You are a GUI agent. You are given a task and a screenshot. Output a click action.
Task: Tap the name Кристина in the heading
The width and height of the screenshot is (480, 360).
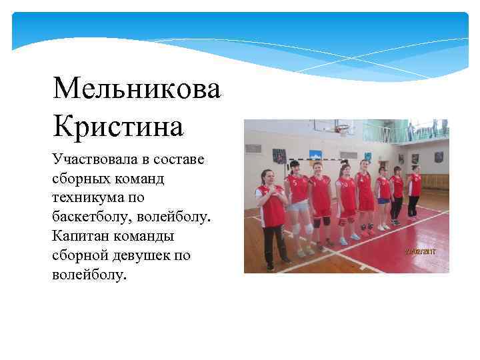(x=117, y=125)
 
